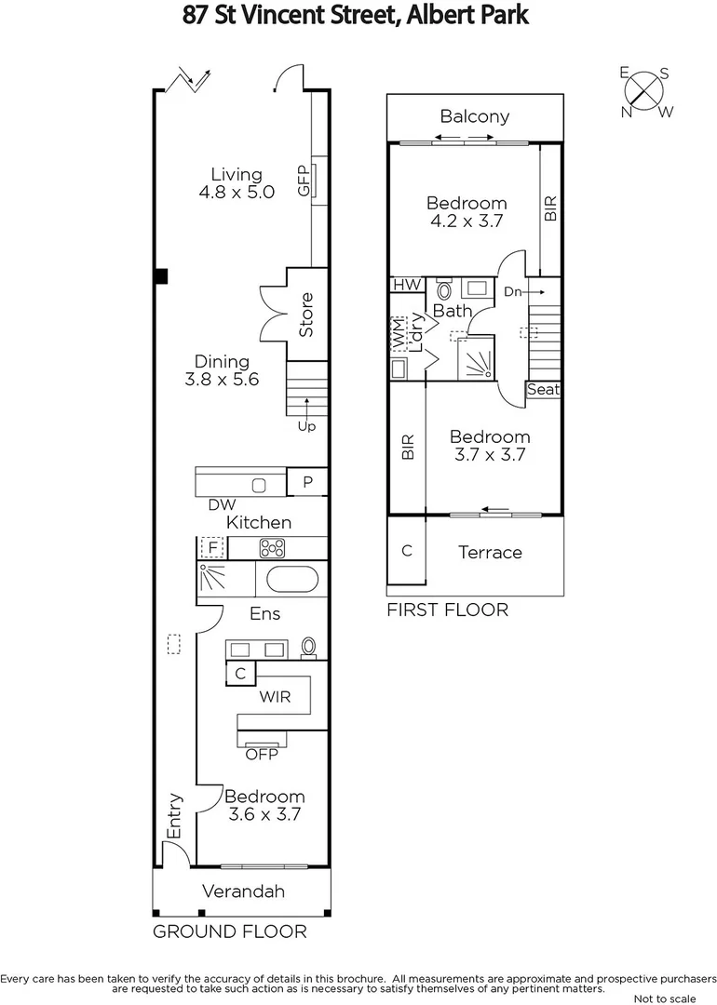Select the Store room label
(306, 315)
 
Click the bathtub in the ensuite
(292, 579)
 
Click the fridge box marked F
(212, 547)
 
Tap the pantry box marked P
(307, 482)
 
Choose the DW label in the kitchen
(221, 505)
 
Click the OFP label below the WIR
(262, 754)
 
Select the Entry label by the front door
(174, 815)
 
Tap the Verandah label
(242, 891)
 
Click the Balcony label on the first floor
(475, 116)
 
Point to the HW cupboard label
(406, 285)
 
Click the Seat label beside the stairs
(543, 390)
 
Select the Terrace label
(490, 553)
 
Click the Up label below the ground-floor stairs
(306, 426)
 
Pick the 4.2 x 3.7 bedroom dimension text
(467, 221)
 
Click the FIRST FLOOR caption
(447, 610)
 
